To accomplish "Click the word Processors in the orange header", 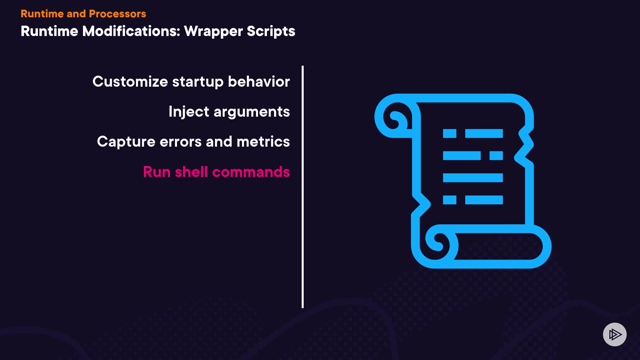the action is tap(117, 14).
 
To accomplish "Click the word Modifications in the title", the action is tap(131, 31).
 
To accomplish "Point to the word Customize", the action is tap(130, 82).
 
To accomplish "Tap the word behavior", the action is tap(259, 82).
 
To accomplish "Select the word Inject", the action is tap(189, 112).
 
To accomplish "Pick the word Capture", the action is tap(126, 142).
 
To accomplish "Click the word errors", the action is tap(181, 142).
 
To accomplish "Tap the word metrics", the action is tap(263, 142).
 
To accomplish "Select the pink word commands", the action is tap(251, 172).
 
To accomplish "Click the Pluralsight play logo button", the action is tap(615, 334).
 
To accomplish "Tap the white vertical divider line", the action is tap(303, 187).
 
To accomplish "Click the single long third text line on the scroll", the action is tap(473, 178).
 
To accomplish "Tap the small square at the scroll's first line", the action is tap(449, 134).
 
